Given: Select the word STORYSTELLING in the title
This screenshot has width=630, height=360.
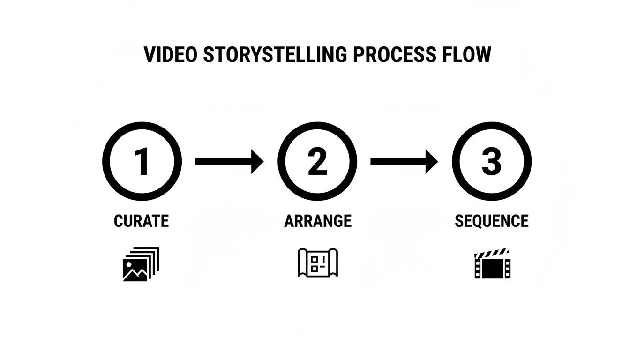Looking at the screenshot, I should tap(275, 54).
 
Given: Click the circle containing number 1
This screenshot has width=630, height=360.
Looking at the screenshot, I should tap(142, 161).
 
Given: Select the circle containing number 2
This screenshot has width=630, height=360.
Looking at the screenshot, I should tap(317, 161).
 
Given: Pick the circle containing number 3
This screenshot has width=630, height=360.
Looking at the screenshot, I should tap(491, 161).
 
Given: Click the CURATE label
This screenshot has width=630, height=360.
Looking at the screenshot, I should tap(141, 221).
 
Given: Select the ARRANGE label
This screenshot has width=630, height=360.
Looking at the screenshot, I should tap(318, 221).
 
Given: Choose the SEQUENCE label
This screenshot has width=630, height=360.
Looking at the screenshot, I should tap(491, 221).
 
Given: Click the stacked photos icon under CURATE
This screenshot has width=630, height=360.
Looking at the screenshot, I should tap(141, 264).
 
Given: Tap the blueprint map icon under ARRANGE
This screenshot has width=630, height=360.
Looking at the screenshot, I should tap(318, 262).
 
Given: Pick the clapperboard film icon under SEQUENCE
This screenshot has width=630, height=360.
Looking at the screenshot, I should tap(492, 264).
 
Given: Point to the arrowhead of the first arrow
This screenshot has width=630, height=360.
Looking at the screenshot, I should tap(257, 161).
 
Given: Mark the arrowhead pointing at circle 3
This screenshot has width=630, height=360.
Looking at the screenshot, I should tap(432, 161).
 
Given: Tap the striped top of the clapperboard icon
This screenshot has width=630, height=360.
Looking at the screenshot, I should tap(492, 253).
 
